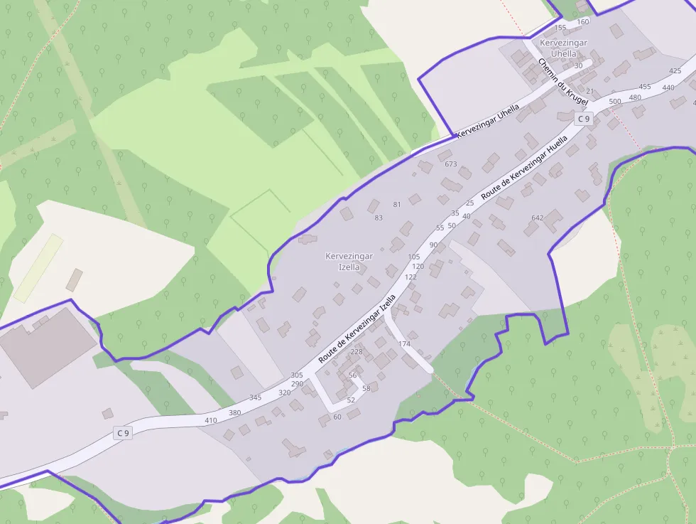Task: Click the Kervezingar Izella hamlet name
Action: click(x=349, y=261)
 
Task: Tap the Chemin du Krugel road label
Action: click(x=563, y=82)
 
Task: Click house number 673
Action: click(x=450, y=164)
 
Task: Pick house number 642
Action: click(x=537, y=218)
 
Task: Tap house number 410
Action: click(x=211, y=420)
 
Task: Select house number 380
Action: click(x=234, y=412)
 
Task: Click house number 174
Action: click(x=404, y=344)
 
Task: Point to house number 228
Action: click(x=357, y=351)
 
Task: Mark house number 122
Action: click(x=410, y=277)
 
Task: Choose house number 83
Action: click(x=379, y=218)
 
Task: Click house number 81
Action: click(x=397, y=204)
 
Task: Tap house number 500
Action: click(x=615, y=102)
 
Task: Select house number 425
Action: click(x=675, y=70)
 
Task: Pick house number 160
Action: click(x=582, y=21)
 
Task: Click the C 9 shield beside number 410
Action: click(x=123, y=432)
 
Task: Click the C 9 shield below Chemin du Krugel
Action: click(x=583, y=119)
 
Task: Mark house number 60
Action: click(x=337, y=417)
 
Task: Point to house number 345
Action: click(x=255, y=397)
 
